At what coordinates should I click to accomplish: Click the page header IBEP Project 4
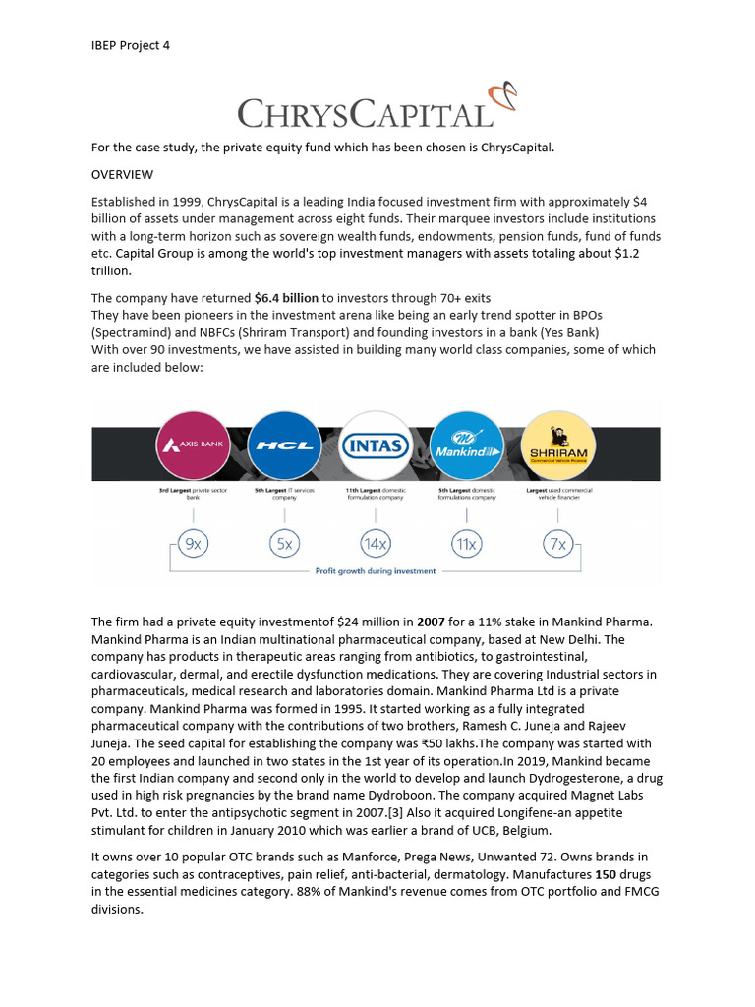click(x=131, y=45)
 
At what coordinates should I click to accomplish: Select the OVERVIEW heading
click(x=122, y=174)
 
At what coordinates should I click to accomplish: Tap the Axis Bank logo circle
click(x=193, y=444)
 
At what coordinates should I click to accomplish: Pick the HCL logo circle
click(x=283, y=444)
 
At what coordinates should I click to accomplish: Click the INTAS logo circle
click(x=375, y=444)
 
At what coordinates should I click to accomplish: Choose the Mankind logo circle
click(x=467, y=444)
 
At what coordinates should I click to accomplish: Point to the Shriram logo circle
click(x=557, y=444)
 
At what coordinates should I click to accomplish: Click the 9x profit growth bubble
click(x=193, y=542)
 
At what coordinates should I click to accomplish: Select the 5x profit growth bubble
click(x=283, y=542)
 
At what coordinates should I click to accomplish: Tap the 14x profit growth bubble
click(x=375, y=542)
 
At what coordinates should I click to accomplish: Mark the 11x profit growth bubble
click(x=466, y=542)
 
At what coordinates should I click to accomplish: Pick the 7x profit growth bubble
click(x=557, y=542)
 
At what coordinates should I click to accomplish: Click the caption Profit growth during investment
click(x=375, y=570)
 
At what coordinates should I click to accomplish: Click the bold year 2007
click(x=432, y=622)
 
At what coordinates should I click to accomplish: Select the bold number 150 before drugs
click(x=605, y=874)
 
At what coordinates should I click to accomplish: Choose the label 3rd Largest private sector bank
click(x=193, y=494)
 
